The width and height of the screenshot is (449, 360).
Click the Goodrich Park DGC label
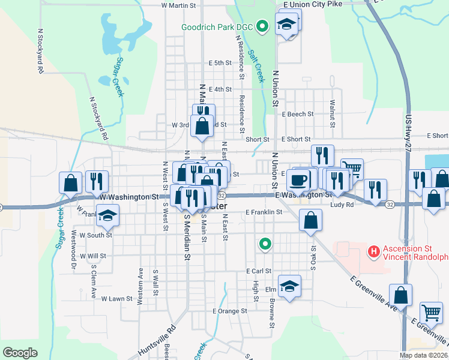218,27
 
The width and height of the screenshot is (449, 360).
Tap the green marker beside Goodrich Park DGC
262,26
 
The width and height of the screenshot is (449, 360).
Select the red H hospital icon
373,250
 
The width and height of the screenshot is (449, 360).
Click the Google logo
20,353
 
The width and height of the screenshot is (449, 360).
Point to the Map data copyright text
423,356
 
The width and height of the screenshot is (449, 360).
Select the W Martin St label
179,5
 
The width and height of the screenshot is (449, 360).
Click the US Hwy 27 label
409,130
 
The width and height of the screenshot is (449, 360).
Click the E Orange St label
230,311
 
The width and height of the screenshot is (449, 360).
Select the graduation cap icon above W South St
108,215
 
